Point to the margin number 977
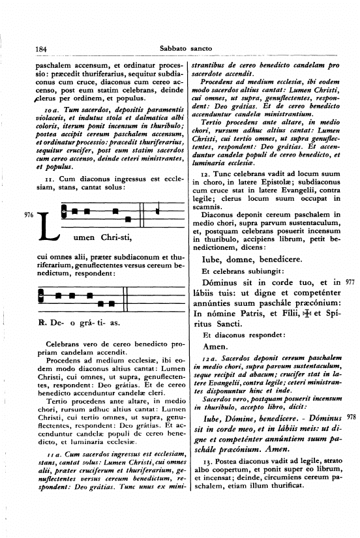pos(350,282)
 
